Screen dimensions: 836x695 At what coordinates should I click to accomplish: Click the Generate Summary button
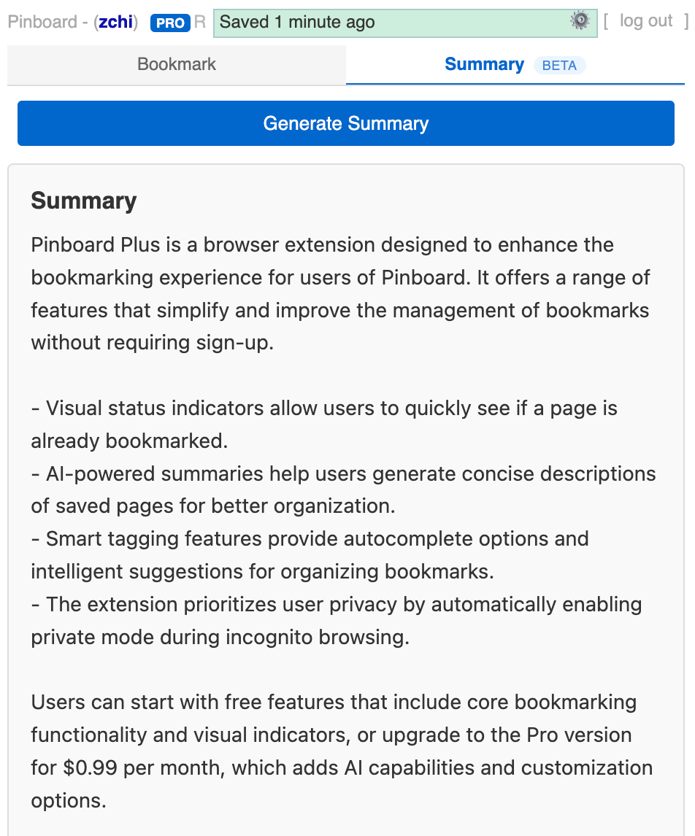pyautogui.click(x=345, y=123)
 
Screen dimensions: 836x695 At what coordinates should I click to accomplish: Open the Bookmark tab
pyautogui.click(x=177, y=64)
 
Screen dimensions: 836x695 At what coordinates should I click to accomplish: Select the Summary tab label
pyautogui.click(x=484, y=64)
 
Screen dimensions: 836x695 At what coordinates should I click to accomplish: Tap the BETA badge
pyautogui.click(x=559, y=66)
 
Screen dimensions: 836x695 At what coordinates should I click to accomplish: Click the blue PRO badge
pyautogui.click(x=169, y=23)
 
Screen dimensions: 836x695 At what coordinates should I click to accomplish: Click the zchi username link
pyautogui.click(x=116, y=22)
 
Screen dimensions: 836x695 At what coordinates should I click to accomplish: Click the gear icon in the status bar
pyautogui.click(x=580, y=21)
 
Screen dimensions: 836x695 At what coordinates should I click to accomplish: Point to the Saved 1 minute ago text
pyautogui.click(x=297, y=23)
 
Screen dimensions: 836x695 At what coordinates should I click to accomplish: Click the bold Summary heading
pyautogui.click(x=83, y=201)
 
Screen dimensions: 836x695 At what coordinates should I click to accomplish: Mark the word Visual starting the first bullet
pyautogui.click(x=72, y=409)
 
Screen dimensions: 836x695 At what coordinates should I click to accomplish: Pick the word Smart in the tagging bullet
pyautogui.click(x=70, y=539)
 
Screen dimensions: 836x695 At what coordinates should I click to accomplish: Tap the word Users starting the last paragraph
pyautogui.click(x=58, y=703)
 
